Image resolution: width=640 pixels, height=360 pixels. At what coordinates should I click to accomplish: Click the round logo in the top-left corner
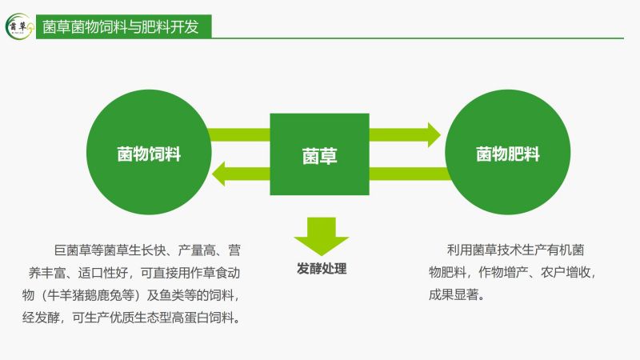point(19,26)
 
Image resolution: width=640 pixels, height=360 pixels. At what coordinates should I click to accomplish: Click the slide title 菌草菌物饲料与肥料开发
point(121,27)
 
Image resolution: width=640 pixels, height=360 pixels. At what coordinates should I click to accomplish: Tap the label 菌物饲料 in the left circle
point(149,154)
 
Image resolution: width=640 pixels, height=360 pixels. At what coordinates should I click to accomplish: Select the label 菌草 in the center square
point(319,156)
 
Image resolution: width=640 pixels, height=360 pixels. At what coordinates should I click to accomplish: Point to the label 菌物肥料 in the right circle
point(508,154)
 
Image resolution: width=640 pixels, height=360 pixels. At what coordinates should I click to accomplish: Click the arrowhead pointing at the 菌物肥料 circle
point(434,134)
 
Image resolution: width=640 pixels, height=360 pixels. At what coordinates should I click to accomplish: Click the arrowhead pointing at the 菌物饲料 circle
point(218,174)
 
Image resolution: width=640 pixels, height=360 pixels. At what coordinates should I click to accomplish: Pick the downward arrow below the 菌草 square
point(322,236)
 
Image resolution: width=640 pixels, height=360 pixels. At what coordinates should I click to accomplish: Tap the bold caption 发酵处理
point(322,269)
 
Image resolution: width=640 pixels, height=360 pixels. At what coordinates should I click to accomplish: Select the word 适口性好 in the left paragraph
point(103,272)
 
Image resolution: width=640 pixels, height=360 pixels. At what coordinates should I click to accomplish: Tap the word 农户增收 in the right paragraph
point(566,272)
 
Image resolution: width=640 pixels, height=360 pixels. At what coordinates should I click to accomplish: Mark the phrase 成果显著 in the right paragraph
point(454,294)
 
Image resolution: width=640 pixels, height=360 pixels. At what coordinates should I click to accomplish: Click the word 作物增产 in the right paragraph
point(503,272)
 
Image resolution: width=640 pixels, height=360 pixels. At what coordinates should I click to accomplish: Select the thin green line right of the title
point(418,38)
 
